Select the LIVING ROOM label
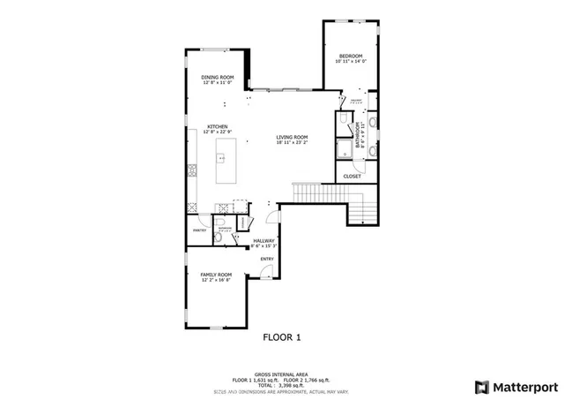[292, 136]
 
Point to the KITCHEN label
[218, 126]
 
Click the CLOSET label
[352, 176]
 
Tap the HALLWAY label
[264, 240]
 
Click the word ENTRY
[266, 259]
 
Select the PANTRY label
[199, 230]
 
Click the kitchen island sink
[221, 159]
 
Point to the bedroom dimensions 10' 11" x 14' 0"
[351, 62]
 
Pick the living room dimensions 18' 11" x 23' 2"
[292, 142]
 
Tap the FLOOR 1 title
[282, 336]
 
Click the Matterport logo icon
[480, 386]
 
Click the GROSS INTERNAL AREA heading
[282, 374]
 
